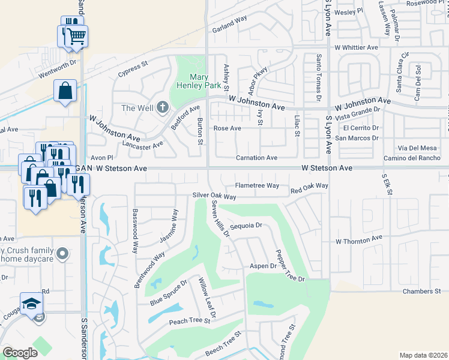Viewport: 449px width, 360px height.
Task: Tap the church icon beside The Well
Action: coord(161,108)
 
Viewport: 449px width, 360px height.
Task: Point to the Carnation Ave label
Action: coord(256,158)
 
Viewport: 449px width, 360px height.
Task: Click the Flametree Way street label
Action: coord(257,186)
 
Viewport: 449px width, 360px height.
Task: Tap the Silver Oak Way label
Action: coord(214,196)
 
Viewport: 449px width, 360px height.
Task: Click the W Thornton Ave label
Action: coord(359,239)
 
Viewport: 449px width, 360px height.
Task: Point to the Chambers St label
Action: coord(421,291)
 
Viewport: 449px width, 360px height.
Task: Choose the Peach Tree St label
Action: coord(190,322)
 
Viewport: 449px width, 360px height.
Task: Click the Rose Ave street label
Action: coord(228,128)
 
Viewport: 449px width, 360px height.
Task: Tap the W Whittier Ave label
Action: coord(357,47)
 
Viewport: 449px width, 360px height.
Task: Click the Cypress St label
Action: coord(133,65)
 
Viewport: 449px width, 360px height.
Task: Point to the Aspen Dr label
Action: coord(263,266)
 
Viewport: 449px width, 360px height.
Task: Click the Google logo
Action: coord(20,353)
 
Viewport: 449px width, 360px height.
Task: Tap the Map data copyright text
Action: coord(424,355)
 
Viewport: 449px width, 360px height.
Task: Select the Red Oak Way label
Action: coord(309,188)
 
